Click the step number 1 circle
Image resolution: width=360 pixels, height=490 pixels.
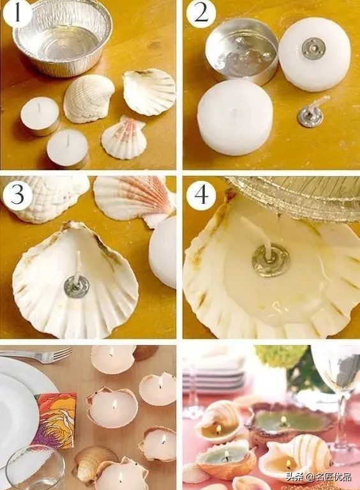(x=17, y=13)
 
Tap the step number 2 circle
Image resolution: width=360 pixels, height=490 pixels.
(x=201, y=13)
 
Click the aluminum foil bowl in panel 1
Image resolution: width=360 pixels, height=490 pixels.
(x=63, y=38)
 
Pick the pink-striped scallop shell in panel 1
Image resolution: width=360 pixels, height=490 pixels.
(x=124, y=137)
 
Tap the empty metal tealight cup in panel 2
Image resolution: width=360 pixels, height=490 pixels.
(x=241, y=50)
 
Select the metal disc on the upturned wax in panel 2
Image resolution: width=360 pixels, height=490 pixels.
(x=313, y=49)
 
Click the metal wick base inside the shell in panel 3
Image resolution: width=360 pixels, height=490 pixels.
(x=77, y=286)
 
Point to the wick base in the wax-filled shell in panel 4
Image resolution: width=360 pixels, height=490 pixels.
(x=271, y=260)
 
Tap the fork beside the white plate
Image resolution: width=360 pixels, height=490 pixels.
(x=36, y=356)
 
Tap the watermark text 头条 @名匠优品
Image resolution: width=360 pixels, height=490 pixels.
(x=319, y=477)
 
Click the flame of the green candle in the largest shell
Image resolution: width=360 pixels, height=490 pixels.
(x=283, y=420)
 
